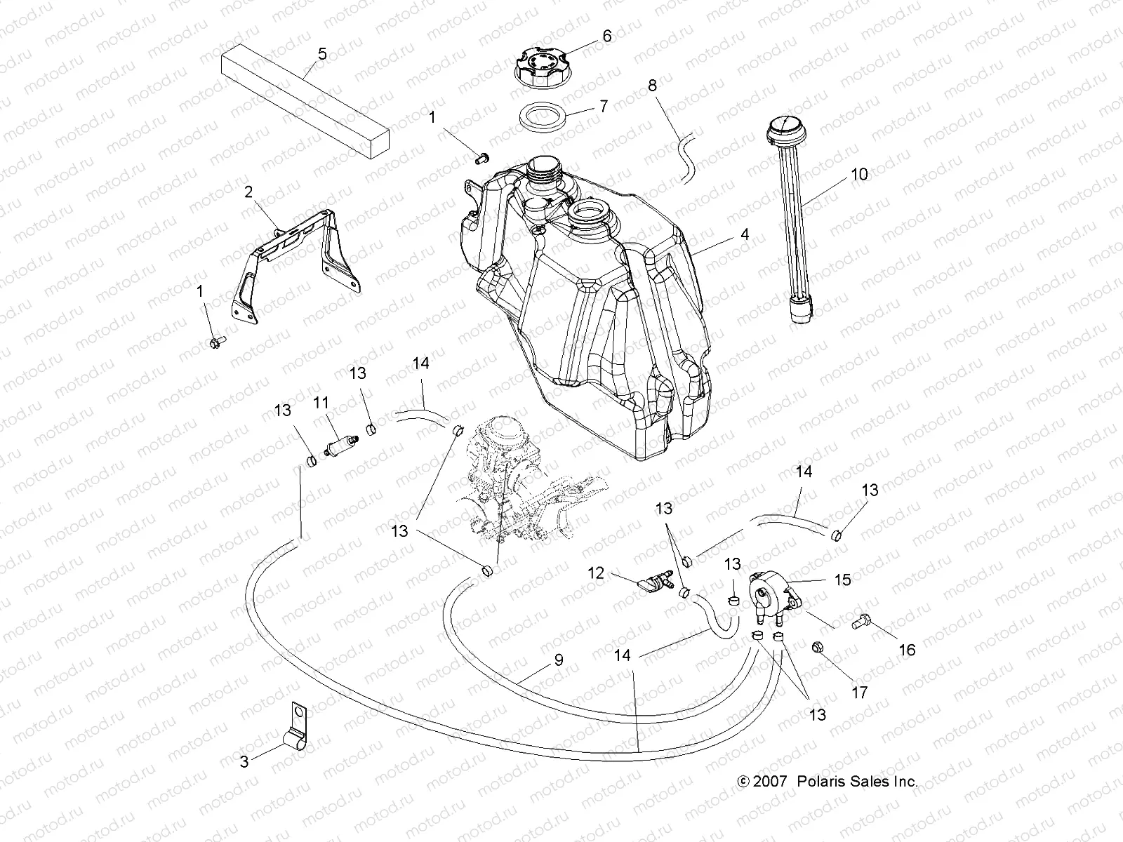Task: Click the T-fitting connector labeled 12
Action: (653, 582)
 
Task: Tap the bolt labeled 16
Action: (862, 621)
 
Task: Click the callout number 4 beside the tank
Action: (745, 234)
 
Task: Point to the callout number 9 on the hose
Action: (559, 660)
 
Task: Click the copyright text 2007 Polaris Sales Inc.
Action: (827, 781)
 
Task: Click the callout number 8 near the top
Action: (652, 86)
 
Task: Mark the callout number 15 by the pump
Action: (842, 580)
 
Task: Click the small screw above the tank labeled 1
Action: (481, 159)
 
